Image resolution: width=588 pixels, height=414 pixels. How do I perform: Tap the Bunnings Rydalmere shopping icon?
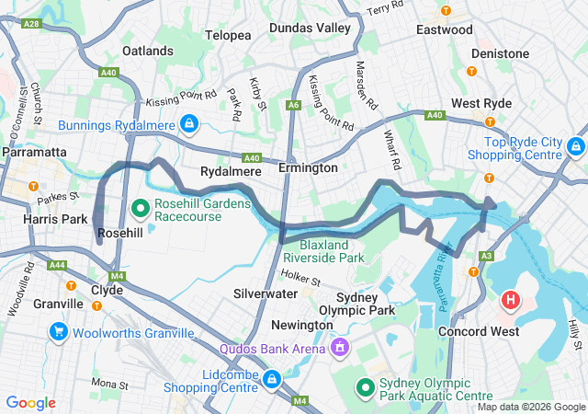(188, 122)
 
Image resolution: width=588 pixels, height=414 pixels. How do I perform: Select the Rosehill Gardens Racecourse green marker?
(141, 208)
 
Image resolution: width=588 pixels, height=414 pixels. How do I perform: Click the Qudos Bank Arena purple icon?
(339, 348)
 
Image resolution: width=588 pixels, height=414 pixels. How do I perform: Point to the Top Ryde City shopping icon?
(575, 145)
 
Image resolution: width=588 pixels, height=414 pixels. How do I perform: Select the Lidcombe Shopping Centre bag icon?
(272, 379)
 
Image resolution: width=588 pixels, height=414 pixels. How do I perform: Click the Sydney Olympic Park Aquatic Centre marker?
(365, 389)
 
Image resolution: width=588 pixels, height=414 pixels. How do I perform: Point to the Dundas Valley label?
(310, 29)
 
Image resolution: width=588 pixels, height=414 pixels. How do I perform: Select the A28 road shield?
(31, 23)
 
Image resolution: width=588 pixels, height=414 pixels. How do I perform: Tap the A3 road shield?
(486, 256)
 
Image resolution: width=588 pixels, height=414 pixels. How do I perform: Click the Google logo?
(31, 403)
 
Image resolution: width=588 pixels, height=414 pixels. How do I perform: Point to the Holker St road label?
(299, 278)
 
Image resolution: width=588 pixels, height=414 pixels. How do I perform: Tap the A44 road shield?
(58, 265)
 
